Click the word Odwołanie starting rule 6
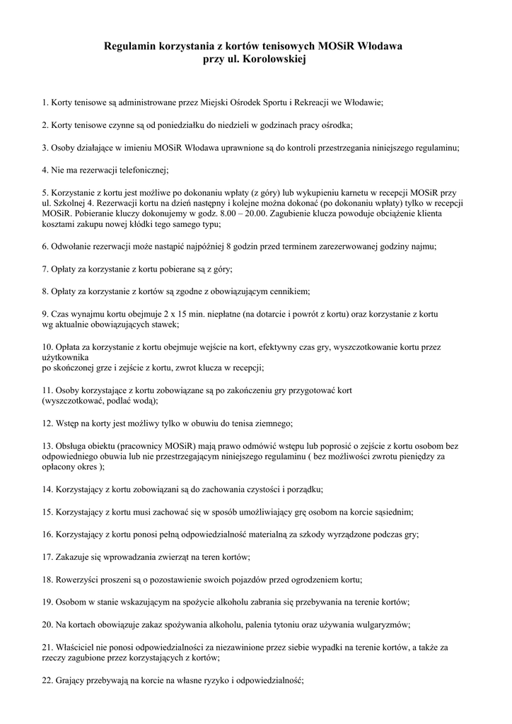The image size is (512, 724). (x=73, y=247)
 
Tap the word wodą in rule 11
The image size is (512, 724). (x=141, y=401)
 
